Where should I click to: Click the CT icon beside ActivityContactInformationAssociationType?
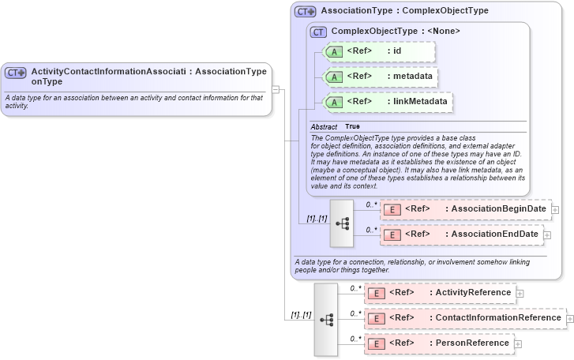16,72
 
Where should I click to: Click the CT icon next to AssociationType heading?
306,12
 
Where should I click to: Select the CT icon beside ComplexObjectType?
319,32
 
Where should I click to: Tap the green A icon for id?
334,52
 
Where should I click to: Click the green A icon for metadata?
334,77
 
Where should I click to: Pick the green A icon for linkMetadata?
334,102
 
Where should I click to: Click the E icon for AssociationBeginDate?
392,209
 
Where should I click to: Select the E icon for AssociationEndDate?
392,234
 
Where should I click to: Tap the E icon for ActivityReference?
377,293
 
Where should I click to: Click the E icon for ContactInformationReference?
377,318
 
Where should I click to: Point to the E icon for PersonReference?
377,343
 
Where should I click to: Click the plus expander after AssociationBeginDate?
555,210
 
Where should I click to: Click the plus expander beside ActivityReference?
520,294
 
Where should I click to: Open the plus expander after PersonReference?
518,344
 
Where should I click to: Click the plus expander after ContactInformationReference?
569,319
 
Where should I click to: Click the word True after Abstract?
352,127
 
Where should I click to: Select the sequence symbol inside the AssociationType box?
342,223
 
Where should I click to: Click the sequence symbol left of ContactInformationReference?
326,319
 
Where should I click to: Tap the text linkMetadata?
420,102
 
